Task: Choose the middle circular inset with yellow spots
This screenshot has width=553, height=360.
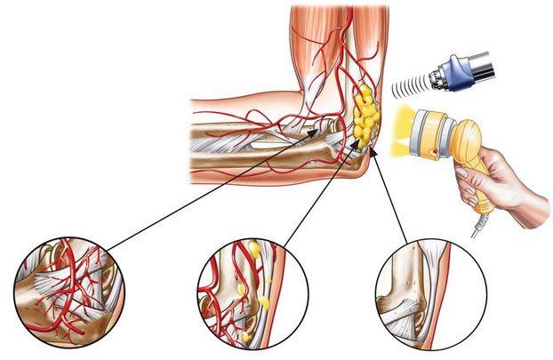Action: (x=252, y=292)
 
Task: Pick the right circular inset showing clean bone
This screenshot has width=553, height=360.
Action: (x=430, y=292)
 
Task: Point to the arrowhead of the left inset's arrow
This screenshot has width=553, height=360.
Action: (x=319, y=130)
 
